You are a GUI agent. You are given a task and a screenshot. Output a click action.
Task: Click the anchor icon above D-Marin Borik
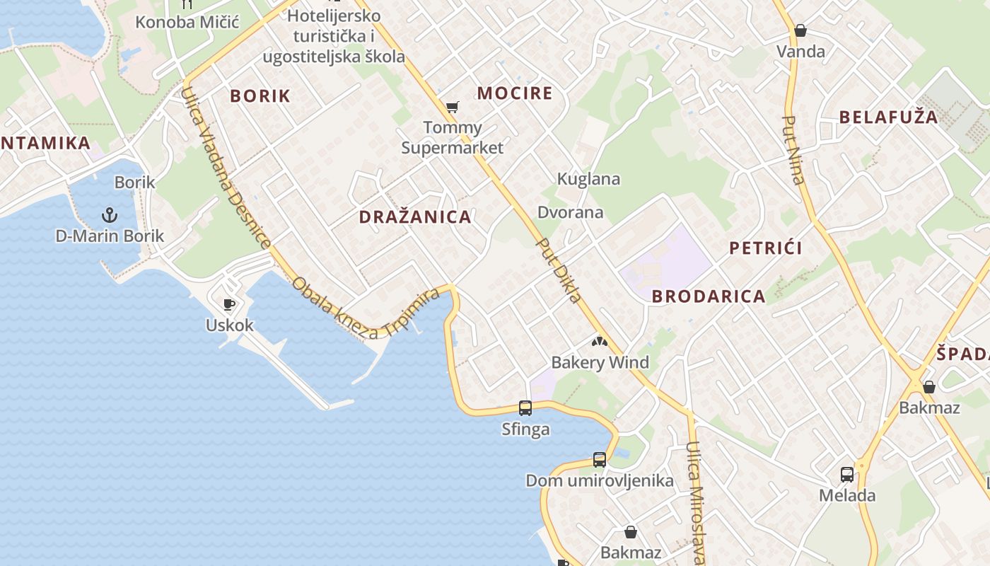[x=110, y=213]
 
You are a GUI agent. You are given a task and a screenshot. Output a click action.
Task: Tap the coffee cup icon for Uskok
[x=229, y=304]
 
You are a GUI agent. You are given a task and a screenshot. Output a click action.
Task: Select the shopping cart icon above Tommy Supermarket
[x=453, y=107]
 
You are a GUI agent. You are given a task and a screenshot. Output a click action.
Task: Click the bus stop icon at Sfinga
[x=525, y=408]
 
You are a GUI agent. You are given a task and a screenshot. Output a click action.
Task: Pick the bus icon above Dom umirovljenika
[x=600, y=459]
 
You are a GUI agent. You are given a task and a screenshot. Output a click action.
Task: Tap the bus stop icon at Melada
[x=847, y=474]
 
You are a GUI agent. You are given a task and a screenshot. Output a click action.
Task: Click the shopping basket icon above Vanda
[x=800, y=30]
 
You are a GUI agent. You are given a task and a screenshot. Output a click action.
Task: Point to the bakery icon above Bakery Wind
[x=600, y=342]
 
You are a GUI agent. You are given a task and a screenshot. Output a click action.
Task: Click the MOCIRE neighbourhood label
[x=515, y=93]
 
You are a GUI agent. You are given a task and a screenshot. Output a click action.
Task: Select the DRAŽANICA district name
[x=415, y=217]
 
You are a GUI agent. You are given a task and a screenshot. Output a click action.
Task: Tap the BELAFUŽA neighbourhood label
[x=888, y=117]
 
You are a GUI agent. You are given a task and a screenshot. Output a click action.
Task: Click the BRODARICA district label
[x=709, y=296]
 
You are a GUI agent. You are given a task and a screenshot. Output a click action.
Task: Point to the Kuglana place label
[x=588, y=179]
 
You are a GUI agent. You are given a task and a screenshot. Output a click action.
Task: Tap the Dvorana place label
[x=571, y=212]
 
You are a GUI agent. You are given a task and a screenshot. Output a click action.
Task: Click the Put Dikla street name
[x=559, y=270]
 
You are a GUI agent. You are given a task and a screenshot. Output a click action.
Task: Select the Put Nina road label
[x=794, y=149]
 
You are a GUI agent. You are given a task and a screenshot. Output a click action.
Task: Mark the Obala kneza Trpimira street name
[x=366, y=308]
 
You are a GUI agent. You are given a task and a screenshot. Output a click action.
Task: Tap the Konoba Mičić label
[x=187, y=22]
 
